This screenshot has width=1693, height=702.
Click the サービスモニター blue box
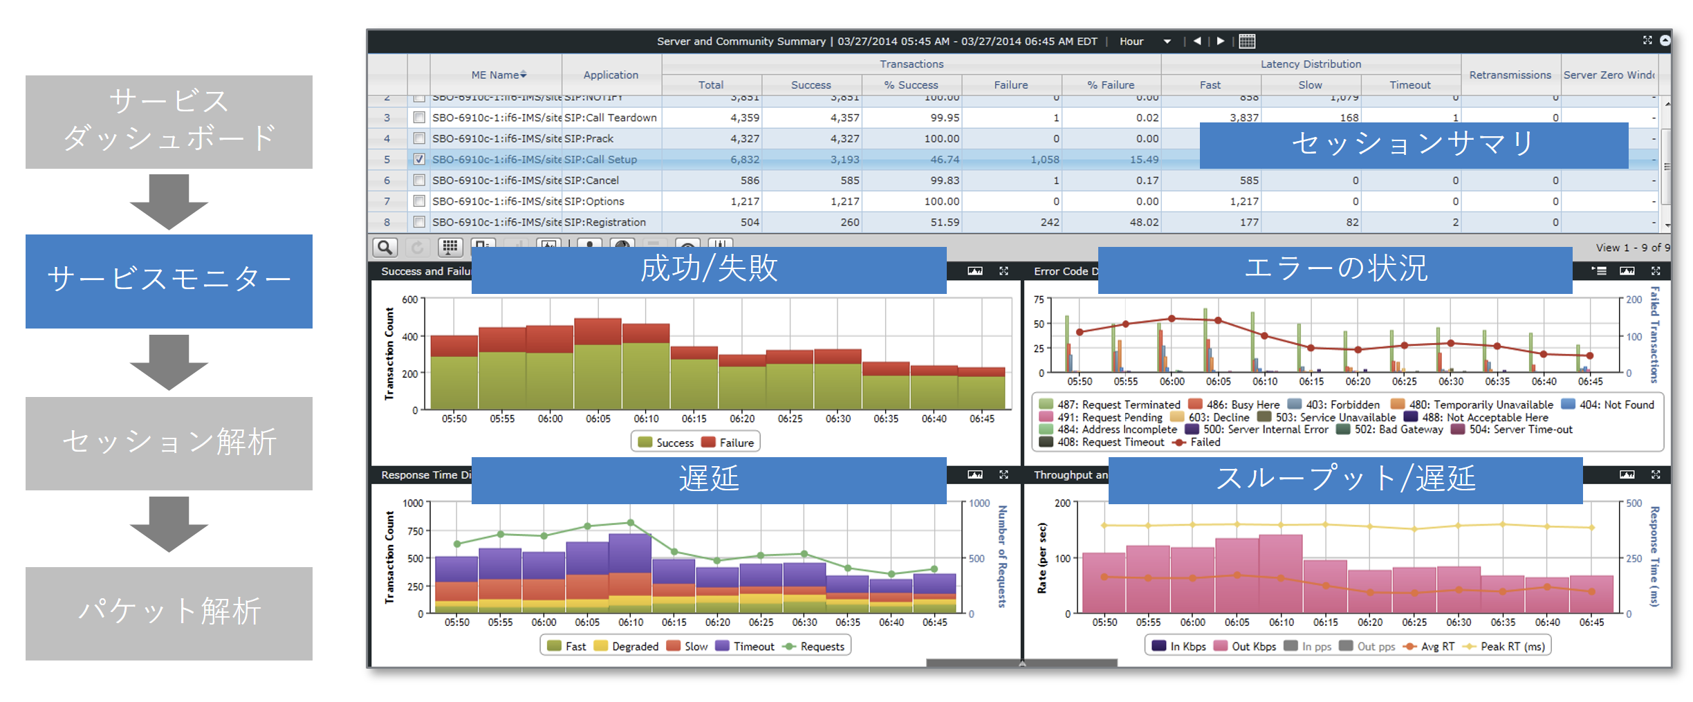(x=169, y=281)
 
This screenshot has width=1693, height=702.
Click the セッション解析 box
(x=169, y=443)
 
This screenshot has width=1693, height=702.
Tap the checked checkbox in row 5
(x=419, y=159)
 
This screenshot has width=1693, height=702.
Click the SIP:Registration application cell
(x=605, y=222)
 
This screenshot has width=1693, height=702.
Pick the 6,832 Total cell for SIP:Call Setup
(x=744, y=159)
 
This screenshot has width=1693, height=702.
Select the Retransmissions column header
(x=1510, y=75)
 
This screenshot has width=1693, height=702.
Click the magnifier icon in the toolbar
(x=385, y=247)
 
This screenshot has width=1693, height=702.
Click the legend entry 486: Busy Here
(x=1234, y=405)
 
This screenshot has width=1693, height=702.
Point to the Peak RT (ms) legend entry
(x=1505, y=646)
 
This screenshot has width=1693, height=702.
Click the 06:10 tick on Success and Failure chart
(x=646, y=418)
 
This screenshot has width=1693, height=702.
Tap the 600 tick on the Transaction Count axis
(x=410, y=299)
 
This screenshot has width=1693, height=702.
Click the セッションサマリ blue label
(x=1413, y=145)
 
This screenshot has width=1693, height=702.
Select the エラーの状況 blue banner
(x=1335, y=270)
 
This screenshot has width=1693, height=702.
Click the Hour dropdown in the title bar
(x=1145, y=41)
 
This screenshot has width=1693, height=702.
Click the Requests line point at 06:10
(x=630, y=523)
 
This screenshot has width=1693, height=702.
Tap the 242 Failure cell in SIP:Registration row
(x=1049, y=222)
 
